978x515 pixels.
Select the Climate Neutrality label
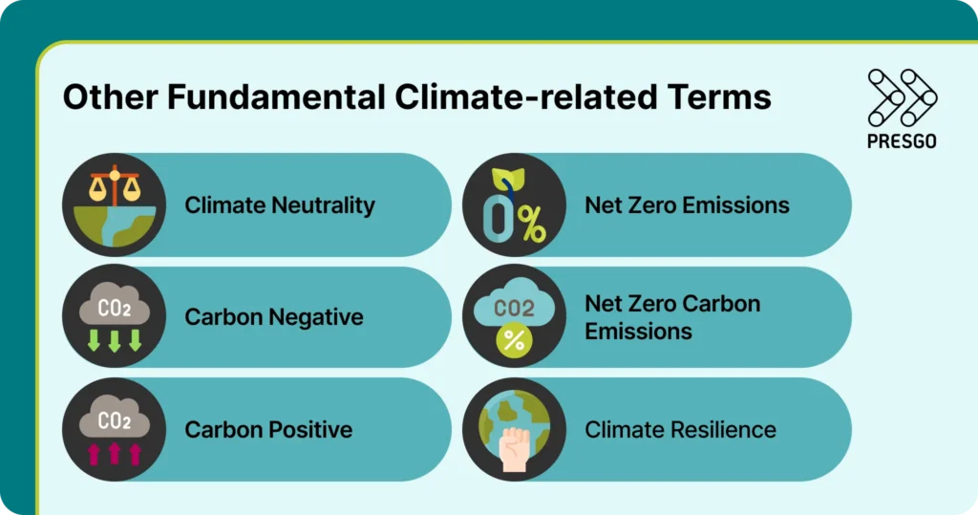coord(280,205)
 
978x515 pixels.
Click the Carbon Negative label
coord(274,317)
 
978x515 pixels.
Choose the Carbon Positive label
coord(268,429)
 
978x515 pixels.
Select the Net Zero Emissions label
coord(687,205)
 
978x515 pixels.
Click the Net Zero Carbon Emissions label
coord(672,317)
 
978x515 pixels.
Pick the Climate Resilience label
coord(680,429)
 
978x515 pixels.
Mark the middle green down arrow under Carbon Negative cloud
coord(115,339)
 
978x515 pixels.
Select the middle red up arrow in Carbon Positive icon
coord(115,452)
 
